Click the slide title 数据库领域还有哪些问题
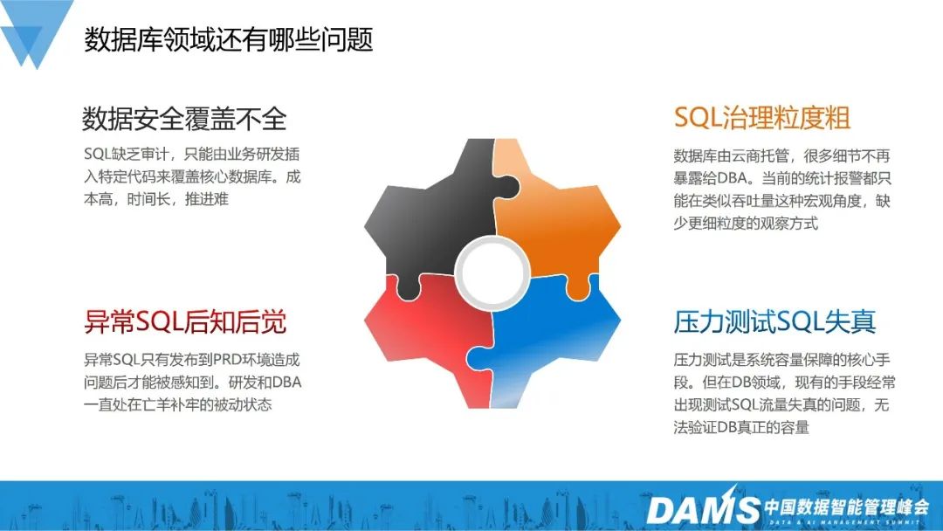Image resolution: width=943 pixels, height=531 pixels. (x=229, y=39)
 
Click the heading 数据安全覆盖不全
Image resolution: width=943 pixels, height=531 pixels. (x=184, y=119)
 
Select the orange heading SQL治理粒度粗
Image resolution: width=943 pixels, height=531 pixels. (x=762, y=117)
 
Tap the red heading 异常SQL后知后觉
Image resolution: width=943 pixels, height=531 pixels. (x=184, y=321)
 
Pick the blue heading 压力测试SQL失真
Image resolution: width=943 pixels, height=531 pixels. (x=774, y=321)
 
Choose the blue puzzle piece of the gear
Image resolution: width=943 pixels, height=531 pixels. (x=550, y=342)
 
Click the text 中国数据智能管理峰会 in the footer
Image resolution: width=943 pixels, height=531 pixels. (x=846, y=507)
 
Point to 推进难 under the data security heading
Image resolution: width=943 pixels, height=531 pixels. (x=207, y=199)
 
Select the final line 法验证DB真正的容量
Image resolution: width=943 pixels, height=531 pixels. (x=741, y=428)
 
